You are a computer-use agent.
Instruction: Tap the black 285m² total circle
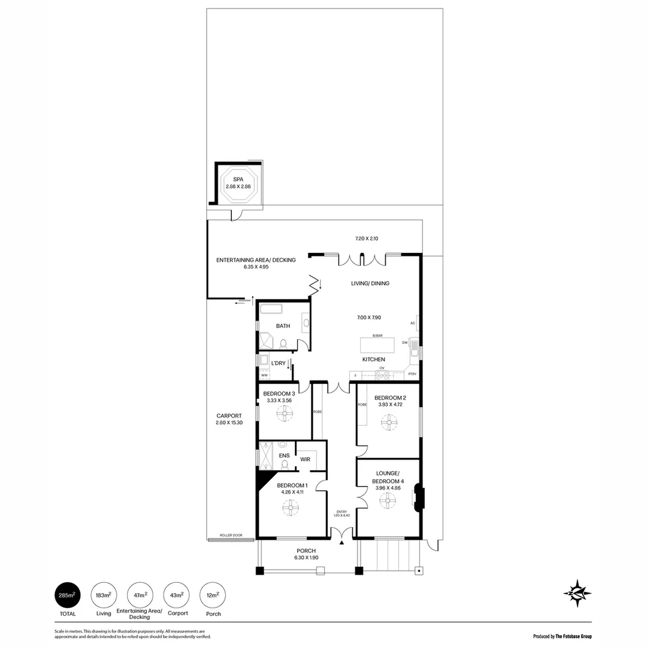pos(66,595)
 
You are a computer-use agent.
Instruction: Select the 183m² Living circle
pos(104,595)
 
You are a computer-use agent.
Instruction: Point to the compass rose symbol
pos(577,594)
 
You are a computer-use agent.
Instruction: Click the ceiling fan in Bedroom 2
pos(389,423)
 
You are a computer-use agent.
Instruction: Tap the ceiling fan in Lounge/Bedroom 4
pos(388,500)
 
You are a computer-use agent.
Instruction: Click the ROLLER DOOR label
pos(231,535)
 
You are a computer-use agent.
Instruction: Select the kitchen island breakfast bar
pos(377,346)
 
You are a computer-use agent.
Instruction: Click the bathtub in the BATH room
pos(271,310)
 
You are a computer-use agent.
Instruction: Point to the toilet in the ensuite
pos(285,463)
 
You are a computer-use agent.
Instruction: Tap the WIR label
pos(305,459)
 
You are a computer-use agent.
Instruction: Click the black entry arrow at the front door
pos(342,542)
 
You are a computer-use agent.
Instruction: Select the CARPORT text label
pos(229,416)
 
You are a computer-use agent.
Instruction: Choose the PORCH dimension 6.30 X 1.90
pos(306,558)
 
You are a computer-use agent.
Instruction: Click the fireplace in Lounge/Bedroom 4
pos(419,498)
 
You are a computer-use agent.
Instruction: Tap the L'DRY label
pos(278,363)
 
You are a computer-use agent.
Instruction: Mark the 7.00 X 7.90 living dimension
pos(369,318)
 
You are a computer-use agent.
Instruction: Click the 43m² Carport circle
pos(176,595)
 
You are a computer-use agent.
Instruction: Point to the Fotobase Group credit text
pos(563,636)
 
